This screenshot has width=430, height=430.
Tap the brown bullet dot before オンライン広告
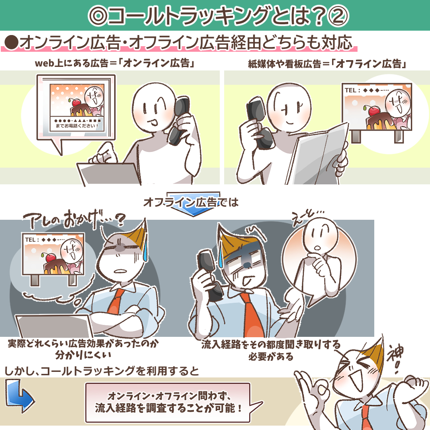tap(12, 43)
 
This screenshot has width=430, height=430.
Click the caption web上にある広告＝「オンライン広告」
tap(115, 63)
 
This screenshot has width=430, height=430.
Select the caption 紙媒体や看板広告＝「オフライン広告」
tap(327, 64)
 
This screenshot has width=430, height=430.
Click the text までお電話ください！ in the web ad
tap(76, 126)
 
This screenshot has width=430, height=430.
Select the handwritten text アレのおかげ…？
tap(74, 219)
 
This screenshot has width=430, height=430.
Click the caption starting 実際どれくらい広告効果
tap(83, 349)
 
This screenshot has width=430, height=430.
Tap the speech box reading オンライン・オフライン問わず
tap(168, 403)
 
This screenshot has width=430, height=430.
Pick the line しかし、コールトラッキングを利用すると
tap(102, 371)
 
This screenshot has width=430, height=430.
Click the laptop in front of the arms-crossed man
tap(55, 326)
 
